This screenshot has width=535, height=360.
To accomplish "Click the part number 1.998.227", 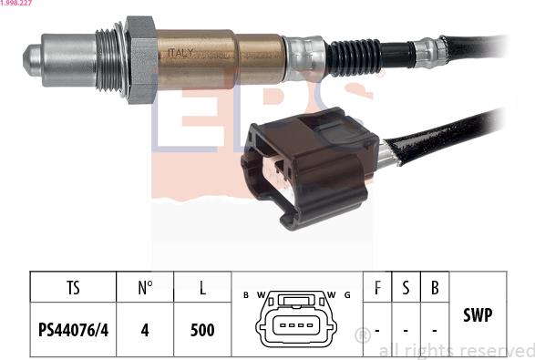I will [16, 4].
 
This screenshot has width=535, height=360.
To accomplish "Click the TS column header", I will [73, 289].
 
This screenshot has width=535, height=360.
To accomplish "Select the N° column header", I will [144, 289].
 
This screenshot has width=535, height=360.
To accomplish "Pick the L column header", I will [202, 289].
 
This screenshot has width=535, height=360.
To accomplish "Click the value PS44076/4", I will [73, 329].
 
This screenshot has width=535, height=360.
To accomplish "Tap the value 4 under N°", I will [144, 329].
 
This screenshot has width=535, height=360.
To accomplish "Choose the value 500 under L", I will [202, 329].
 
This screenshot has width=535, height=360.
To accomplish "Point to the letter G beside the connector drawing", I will [347, 294].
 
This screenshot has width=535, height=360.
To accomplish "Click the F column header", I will [377, 289].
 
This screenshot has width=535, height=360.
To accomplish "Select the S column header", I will [406, 289].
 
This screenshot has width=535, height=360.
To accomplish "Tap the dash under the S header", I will [406, 329].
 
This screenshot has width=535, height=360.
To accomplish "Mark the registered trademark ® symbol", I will [361, 334].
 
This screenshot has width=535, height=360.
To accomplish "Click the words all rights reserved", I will [456, 350].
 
